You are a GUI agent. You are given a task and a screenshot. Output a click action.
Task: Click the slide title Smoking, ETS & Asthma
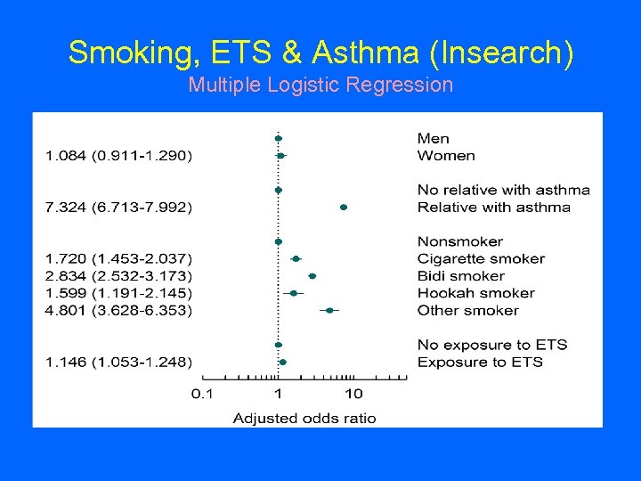(320, 53)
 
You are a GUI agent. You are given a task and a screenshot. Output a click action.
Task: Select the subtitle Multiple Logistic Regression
(320, 86)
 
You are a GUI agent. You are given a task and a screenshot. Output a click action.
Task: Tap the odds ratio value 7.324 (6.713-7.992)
(118, 208)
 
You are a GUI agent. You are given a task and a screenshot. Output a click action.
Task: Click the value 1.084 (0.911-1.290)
(118, 156)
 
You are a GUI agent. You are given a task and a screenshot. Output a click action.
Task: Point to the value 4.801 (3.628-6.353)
(118, 310)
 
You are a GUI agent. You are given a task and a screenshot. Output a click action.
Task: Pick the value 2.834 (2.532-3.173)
(118, 276)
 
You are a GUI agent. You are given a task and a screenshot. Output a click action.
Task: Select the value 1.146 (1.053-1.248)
(118, 362)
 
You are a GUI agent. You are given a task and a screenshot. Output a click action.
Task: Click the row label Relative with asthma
(493, 208)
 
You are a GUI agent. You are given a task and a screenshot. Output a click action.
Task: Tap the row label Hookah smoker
(475, 293)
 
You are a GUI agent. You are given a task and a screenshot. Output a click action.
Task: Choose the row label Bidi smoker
(460, 276)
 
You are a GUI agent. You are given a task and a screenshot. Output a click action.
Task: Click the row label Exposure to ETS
(480, 362)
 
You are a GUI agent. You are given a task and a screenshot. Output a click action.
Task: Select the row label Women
(446, 156)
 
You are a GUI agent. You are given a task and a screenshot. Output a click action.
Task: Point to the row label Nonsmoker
(459, 241)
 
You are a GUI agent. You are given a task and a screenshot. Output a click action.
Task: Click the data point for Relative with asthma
(344, 208)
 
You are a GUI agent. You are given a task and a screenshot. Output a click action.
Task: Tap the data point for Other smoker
(329, 310)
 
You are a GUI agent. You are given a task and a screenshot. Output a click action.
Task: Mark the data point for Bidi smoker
(312, 276)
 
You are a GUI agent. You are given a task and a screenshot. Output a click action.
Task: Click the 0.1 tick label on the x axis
(204, 394)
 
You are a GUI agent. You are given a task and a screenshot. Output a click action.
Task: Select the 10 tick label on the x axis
(353, 394)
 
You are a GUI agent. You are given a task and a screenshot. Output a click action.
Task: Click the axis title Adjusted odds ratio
(304, 418)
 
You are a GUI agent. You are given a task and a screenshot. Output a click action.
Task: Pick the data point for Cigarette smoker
(296, 259)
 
